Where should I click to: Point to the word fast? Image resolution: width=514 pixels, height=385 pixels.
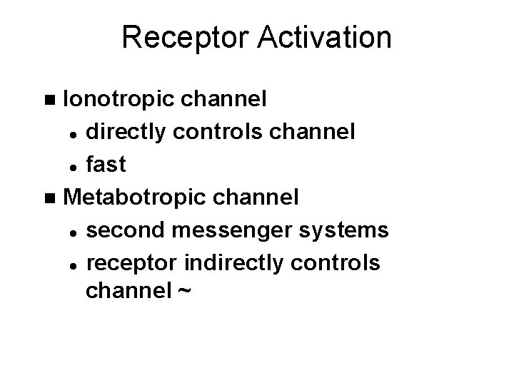click(106, 165)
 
